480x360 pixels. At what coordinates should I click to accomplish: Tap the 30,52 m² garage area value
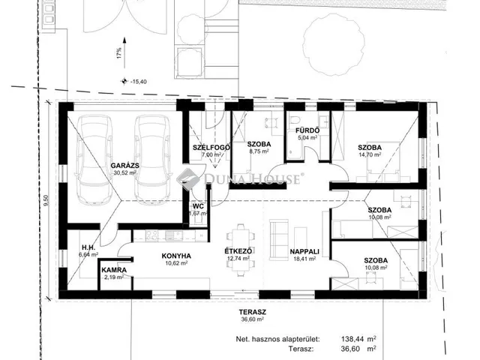[x=125, y=172]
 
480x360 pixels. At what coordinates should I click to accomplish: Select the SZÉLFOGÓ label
[x=211, y=148]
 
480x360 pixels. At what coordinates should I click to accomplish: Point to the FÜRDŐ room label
[x=307, y=130]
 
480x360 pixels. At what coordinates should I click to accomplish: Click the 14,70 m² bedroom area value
[x=370, y=154]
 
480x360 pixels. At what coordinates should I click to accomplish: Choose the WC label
[x=198, y=206]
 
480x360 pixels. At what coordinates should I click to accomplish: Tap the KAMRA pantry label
[x=114, y=270]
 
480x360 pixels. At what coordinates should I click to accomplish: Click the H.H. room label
[x=88, y=247]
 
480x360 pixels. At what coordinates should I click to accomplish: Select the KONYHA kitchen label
[x=176, y=256]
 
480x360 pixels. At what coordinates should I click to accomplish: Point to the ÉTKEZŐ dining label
[x=238, y=251]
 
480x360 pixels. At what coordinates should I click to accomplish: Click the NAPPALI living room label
[x=304, y=252]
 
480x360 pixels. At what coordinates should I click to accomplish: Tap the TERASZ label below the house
[x=253, y=312]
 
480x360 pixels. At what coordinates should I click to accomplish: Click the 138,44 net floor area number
[x=352, y=339]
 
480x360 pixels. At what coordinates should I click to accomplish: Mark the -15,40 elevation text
[x=139, y=82]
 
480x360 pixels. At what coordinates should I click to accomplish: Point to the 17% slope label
[x=118, y=53]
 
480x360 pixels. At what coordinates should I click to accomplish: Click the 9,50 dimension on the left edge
[x=46, y=201]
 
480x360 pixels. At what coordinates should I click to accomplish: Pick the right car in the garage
[x=152, y=160]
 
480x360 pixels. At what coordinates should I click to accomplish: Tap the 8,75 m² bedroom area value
[x=259, y=151]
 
